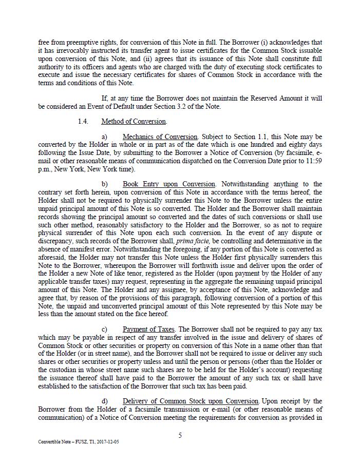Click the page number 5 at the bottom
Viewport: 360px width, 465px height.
pos(180,436)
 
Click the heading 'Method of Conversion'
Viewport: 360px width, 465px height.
pos(134,122)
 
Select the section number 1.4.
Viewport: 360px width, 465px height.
pos(83,122)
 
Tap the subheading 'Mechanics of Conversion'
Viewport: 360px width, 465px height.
pos(160,137)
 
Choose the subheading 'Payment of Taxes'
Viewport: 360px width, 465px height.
pos(149,329)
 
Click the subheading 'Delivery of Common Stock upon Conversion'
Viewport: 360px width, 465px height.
pos(191,401)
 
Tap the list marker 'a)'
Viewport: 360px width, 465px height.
pos(105,137)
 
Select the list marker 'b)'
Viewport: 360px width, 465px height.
pos(105,184)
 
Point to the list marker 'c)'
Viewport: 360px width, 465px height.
pos(105,329)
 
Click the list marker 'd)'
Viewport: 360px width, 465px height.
pos(105,401)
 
